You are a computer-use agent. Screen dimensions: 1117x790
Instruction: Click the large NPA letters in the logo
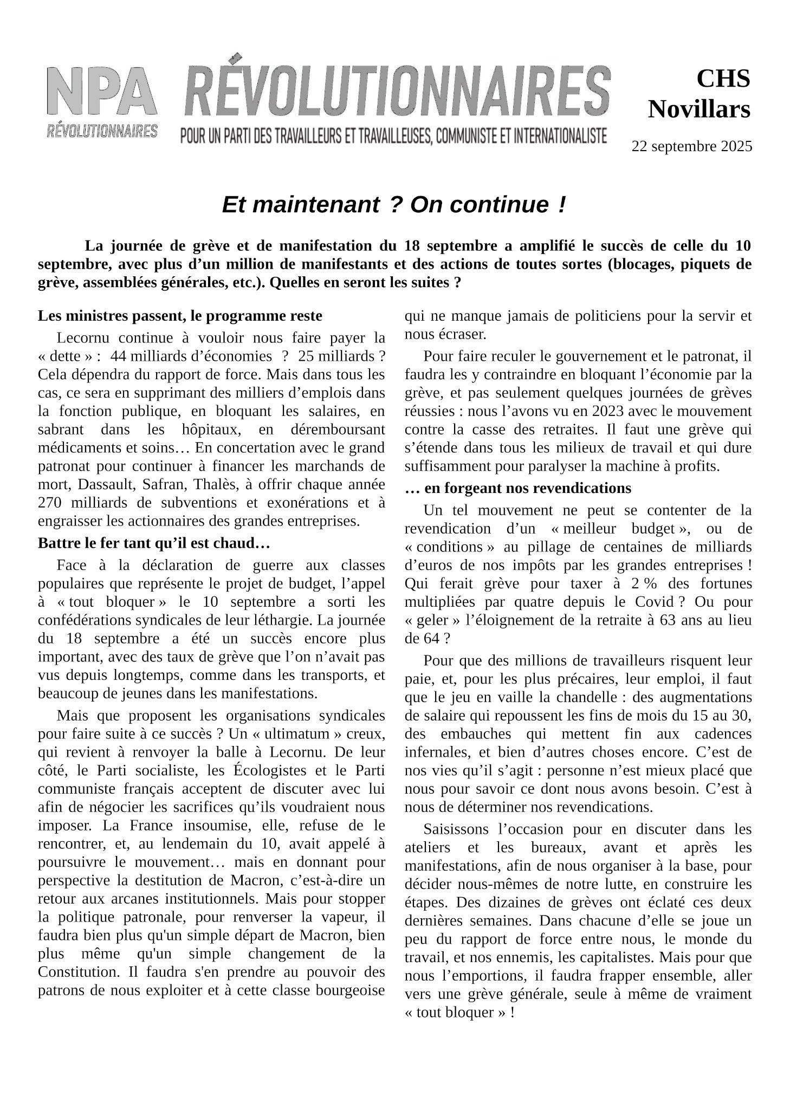(102, 91)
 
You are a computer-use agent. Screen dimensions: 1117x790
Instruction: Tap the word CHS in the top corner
(723, 79)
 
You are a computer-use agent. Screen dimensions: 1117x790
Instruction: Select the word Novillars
(699, 109)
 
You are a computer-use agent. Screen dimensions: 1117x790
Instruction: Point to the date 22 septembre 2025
(691, 146)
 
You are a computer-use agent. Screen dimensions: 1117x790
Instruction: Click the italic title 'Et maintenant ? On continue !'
(394, 205)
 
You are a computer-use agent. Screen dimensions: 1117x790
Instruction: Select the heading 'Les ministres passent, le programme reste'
(180, 316)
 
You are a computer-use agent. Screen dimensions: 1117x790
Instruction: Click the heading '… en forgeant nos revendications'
(518, 488)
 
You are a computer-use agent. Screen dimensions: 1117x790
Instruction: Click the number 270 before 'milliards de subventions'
(51, 503)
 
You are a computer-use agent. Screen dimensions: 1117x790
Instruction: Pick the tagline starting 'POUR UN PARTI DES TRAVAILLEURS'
(393, 135)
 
